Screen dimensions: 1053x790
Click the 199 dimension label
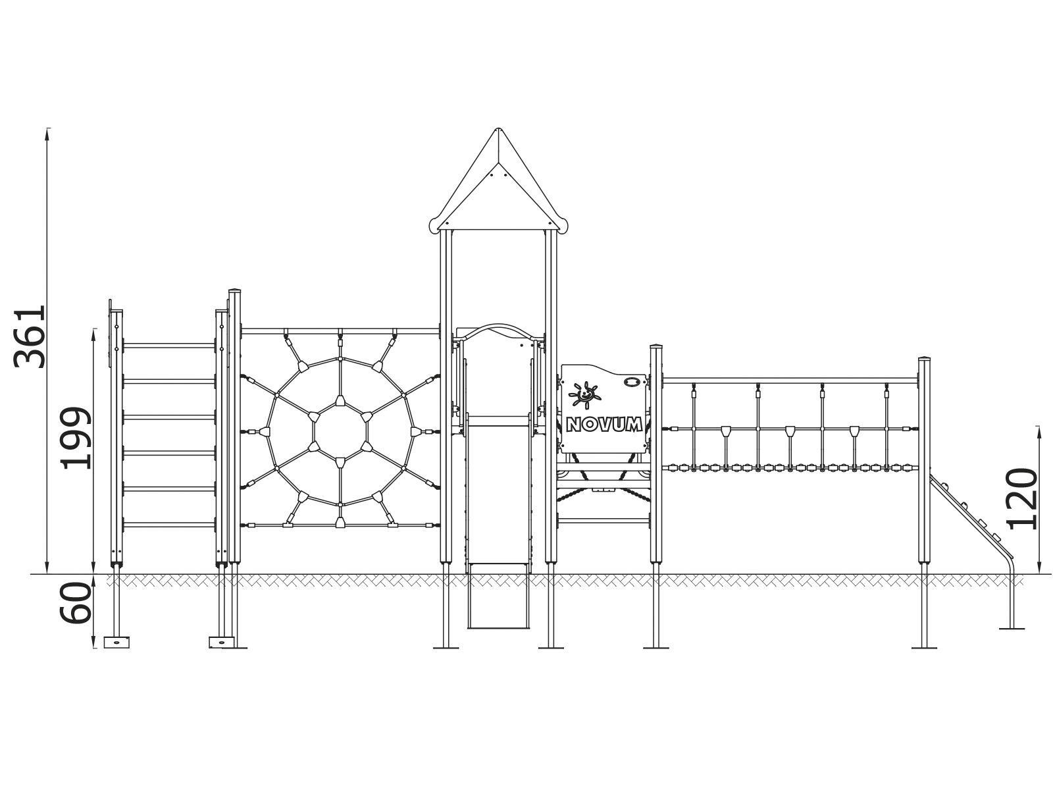(75, 438)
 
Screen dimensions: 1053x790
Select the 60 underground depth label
(75, 603)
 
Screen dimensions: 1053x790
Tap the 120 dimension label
(1022, 499)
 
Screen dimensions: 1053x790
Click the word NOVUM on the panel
(604, 425)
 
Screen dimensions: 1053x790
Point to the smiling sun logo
(584, 395)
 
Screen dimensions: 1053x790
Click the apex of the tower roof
(498, 129)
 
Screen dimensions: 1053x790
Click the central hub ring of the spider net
(340, 431)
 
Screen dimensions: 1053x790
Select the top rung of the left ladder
(169, 346)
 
